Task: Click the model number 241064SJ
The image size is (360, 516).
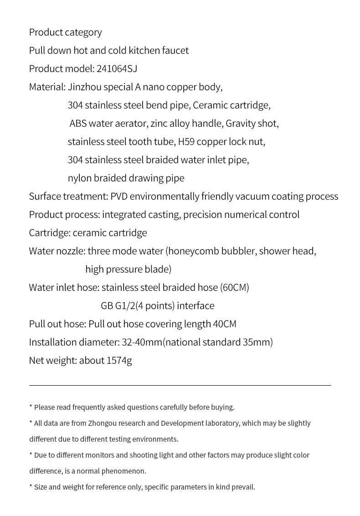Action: tap(117, 69)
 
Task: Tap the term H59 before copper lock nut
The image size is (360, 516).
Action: tap(186, 142)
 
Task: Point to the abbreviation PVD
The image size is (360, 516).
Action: tap(120, 196)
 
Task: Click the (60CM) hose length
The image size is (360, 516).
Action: tap(235, 288)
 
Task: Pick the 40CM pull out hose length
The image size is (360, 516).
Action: tap(225, 324)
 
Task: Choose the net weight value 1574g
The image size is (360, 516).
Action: tap(119, 361)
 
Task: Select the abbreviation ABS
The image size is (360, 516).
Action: tap(78, 124)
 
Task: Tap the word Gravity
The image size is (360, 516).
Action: tap(242, 124)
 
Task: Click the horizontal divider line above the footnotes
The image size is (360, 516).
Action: tap(180, 385)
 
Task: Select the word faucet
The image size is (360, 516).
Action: tap(175, 51)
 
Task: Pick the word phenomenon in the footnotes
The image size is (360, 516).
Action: tap(123, 471)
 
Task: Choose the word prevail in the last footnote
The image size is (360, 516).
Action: tap(242, 487)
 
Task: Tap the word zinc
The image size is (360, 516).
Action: tap(160, 124)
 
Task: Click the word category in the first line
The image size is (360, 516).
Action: tap(83, 32)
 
